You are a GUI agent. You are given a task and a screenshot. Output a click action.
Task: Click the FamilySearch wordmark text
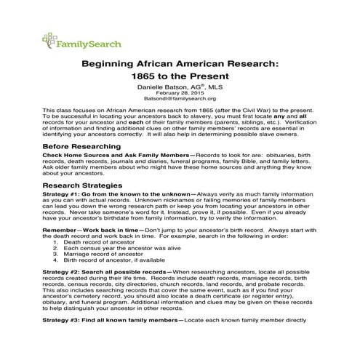point(83,42)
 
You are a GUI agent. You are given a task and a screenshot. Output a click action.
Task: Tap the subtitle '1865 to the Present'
point(180,76)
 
